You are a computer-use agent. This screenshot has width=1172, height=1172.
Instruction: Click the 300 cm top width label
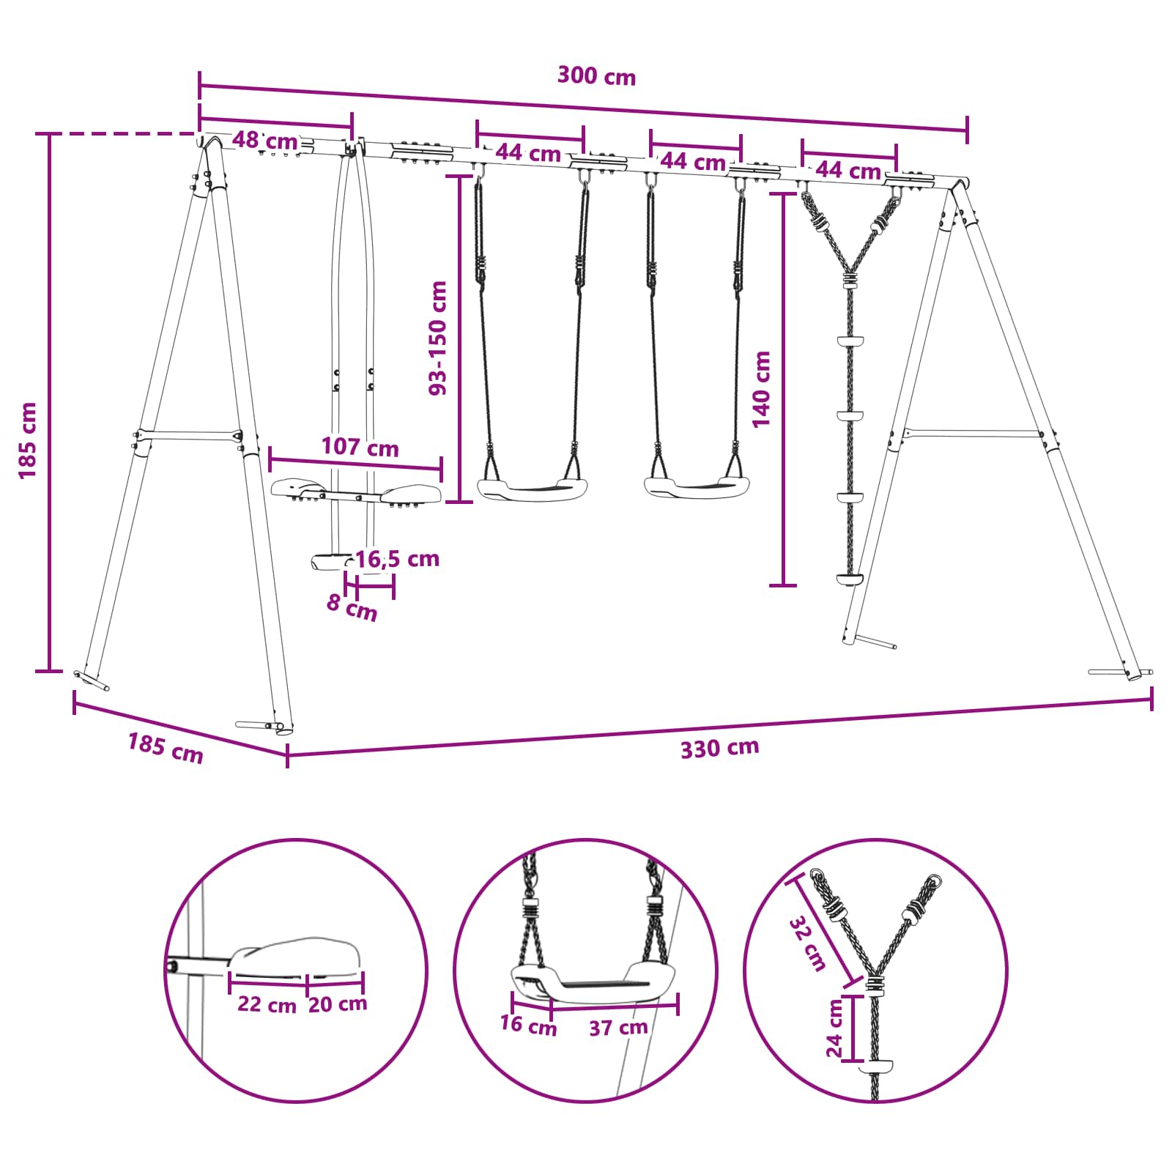coord(596,75)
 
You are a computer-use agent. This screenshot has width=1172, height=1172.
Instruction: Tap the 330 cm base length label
coord(719,748)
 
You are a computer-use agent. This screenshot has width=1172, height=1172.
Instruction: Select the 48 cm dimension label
coord(265,141)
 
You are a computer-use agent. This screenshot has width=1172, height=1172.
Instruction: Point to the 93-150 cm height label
coord(438,338)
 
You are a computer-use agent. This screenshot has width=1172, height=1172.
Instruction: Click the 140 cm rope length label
coord(762,389)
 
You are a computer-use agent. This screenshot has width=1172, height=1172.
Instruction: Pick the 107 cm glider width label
coord(360,447)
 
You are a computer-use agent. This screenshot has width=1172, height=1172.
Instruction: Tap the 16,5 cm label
coord(397,559)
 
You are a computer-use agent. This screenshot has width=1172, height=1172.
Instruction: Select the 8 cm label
coord(352,607)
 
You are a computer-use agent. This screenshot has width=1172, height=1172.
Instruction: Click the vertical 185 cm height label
coord(28,440)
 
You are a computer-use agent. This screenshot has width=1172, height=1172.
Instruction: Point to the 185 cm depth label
coord(166,748)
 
